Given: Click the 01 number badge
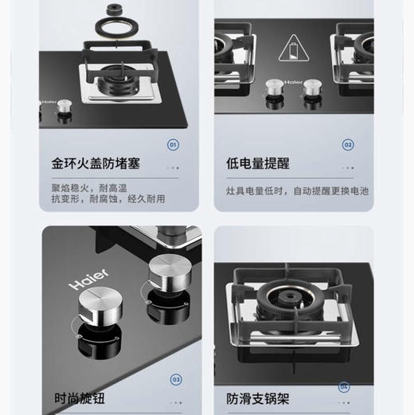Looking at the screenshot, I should (173, 145).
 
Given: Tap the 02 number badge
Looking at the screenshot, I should (348, 145).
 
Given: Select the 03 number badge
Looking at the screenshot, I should (176, 380).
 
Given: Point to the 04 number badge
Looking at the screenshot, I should (344, 386).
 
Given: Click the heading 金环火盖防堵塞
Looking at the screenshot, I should (96, 164).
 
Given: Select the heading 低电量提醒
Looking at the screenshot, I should (257, 164).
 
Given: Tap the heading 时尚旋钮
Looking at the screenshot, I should (80, 397).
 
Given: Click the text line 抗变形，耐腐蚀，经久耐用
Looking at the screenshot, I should (108, 199).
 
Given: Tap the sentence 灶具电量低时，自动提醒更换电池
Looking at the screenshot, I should (297, 191).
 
